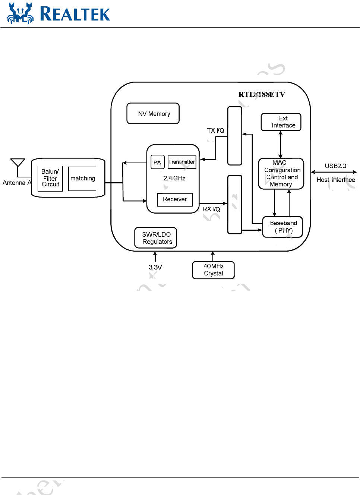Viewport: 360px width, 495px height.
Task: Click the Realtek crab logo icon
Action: point(20,14)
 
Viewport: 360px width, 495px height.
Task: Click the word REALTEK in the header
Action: point(75,14)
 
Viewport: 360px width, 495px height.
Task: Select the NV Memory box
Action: point(153,114)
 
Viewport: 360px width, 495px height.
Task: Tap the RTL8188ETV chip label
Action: point(262,94)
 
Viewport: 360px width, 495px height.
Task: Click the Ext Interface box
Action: point(281,122)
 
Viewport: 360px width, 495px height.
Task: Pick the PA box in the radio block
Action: point(157,163)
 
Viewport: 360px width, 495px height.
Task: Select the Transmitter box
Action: point(182,162)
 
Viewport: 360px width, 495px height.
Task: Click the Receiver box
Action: point(175,199)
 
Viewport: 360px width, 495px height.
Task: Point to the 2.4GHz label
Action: point(174,178)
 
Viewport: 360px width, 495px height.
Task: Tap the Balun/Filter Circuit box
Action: point(50,178)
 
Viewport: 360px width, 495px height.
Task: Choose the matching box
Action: point(82,179)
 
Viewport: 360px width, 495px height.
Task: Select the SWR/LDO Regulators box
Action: point(156,238)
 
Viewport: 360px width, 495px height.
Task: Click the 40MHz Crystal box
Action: point(213,270)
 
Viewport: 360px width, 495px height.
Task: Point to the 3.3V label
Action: point(155,267)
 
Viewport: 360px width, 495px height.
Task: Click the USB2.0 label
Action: point(335,166)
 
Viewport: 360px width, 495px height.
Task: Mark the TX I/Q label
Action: point(215,130)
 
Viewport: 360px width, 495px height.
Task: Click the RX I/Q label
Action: point(211,209)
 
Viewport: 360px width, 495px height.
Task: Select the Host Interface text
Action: point(336,180)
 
